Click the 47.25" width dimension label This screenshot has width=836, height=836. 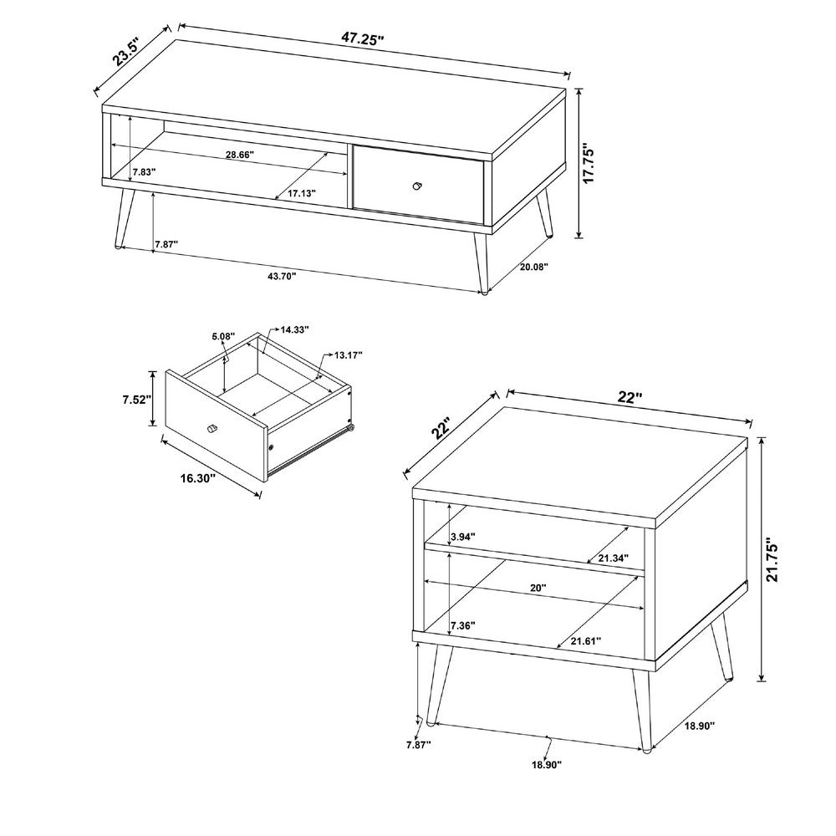click(x=363, y=39)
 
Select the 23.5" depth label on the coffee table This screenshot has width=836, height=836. click(x=126, y=51)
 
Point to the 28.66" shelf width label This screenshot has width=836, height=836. click(x=239, y=155)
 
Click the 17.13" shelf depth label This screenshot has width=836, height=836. click(x=302, y=193)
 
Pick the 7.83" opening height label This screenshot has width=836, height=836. click(x=144, y=172)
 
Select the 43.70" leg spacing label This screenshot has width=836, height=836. click(x=281, y=276)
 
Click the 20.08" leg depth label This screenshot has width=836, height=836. click(x=534, y=267)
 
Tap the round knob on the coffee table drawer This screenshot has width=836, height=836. click(x=417, y=186)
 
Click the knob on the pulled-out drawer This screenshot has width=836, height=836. click(x=212, y=428)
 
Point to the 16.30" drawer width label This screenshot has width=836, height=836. click(x=197, y=478)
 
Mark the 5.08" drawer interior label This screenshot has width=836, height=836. click(x=223, y=336)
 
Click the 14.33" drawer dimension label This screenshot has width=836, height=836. click(x=294, y=330)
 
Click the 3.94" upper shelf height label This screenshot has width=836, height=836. click(x=463, y=537)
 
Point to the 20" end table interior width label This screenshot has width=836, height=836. click(x=538, y=588)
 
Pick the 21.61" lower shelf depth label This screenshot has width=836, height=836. click(x=586, y=640)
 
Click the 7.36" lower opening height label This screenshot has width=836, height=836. click(x=463, y=625)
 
